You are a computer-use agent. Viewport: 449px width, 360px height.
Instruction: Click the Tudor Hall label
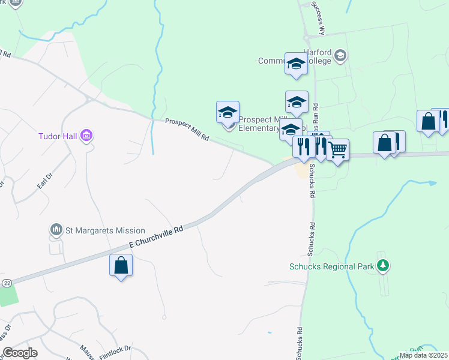tap(58, 136)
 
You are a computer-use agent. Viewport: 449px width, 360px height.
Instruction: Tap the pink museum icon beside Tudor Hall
tap(86, 136)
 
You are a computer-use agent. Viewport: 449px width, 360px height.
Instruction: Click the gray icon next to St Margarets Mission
tap(56, 230)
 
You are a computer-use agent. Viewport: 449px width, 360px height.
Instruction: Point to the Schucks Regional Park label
tap(331, 266)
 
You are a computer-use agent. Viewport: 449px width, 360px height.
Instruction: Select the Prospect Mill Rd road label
tap(187, 130)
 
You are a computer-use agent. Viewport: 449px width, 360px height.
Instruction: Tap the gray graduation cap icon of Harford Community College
tap(340, 56)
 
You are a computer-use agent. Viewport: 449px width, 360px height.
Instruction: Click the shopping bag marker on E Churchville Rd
tap(121, 265)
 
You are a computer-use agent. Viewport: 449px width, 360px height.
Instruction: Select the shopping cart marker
tap(338, 149)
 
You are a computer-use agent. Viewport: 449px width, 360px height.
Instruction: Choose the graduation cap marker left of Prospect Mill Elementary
tap(228, 112)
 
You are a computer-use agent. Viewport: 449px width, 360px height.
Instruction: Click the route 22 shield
tap(7, 282)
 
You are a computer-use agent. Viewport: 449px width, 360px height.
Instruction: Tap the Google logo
tap(20, 352)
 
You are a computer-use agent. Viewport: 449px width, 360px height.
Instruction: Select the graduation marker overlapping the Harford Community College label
tap(296, 64)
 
